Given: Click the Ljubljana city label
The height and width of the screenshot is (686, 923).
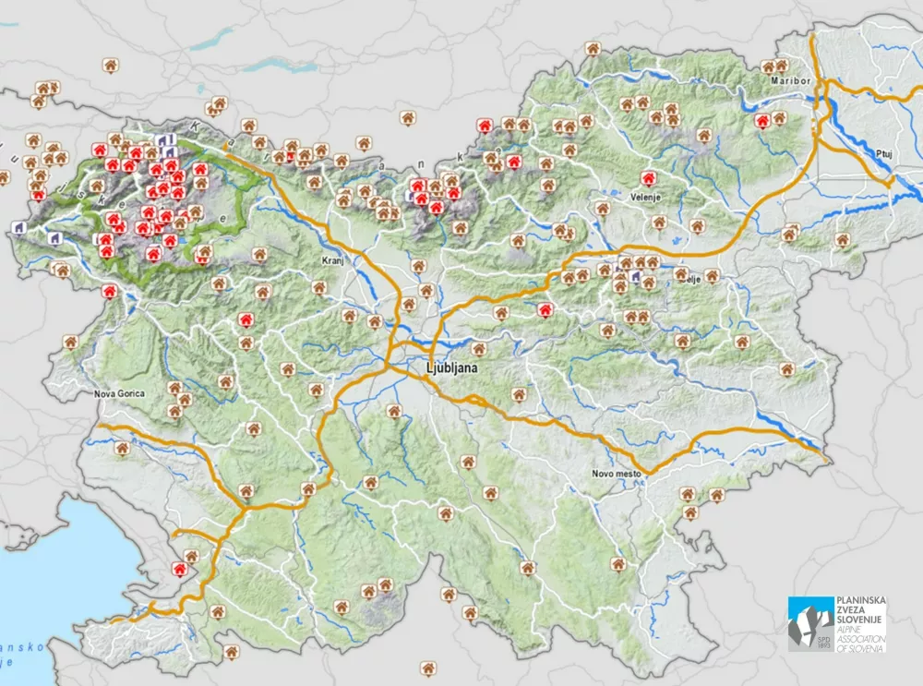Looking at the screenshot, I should coord(455,368).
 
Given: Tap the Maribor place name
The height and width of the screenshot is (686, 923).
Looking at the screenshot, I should coord(791,81).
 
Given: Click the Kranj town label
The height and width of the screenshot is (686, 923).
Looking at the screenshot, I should coord(332,261).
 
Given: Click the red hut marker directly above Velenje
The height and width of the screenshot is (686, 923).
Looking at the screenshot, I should coord(648,177).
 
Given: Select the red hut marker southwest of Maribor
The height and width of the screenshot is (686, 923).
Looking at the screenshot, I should coord(762,120).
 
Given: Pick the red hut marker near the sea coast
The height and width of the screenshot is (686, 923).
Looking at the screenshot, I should coord(179,571).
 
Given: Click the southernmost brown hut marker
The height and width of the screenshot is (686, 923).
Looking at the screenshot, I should coord(427,666).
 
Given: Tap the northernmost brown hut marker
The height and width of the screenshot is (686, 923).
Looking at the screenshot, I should coord(593,48).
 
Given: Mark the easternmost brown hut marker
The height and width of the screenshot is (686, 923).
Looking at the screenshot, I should coord(842,239).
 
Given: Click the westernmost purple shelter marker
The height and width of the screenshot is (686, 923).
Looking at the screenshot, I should coord(18,226).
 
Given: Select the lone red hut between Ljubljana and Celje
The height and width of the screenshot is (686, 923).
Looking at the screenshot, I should coord(545,309).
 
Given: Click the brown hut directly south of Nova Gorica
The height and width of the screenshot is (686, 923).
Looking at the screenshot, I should coord(122,448).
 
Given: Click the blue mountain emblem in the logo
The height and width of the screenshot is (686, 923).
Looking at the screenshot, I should coord(809,623).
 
